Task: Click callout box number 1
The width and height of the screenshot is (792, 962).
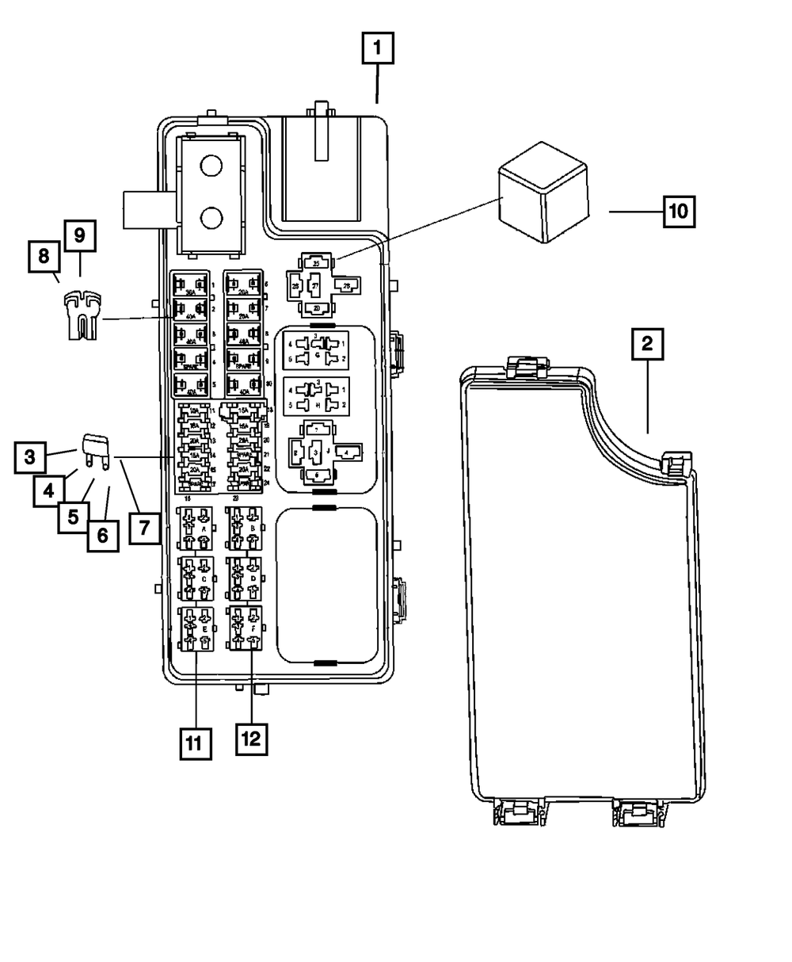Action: [x=379, y=50]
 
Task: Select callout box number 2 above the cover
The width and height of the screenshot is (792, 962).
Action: [x=647, y=345]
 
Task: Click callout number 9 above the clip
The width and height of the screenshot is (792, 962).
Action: [x=80, y=235]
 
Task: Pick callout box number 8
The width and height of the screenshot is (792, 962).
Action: [x=44, y=258]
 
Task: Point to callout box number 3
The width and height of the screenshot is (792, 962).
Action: [x=29, y=457]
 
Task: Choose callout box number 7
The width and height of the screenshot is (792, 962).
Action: [x=143, y=527]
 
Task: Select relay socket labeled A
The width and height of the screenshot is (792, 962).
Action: [x=195, y=528]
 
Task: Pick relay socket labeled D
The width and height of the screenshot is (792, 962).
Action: [x=245, y=578]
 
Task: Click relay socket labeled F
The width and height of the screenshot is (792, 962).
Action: [x=245, y=628]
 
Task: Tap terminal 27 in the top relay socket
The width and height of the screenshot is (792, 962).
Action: [x=314, y=286]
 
